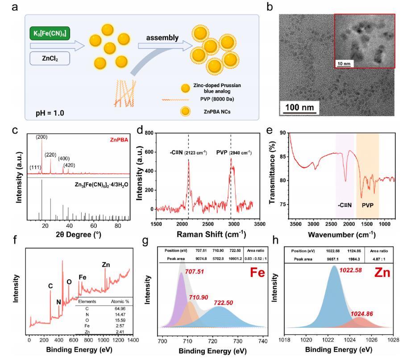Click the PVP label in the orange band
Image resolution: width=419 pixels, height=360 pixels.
[x=367, y=206]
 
